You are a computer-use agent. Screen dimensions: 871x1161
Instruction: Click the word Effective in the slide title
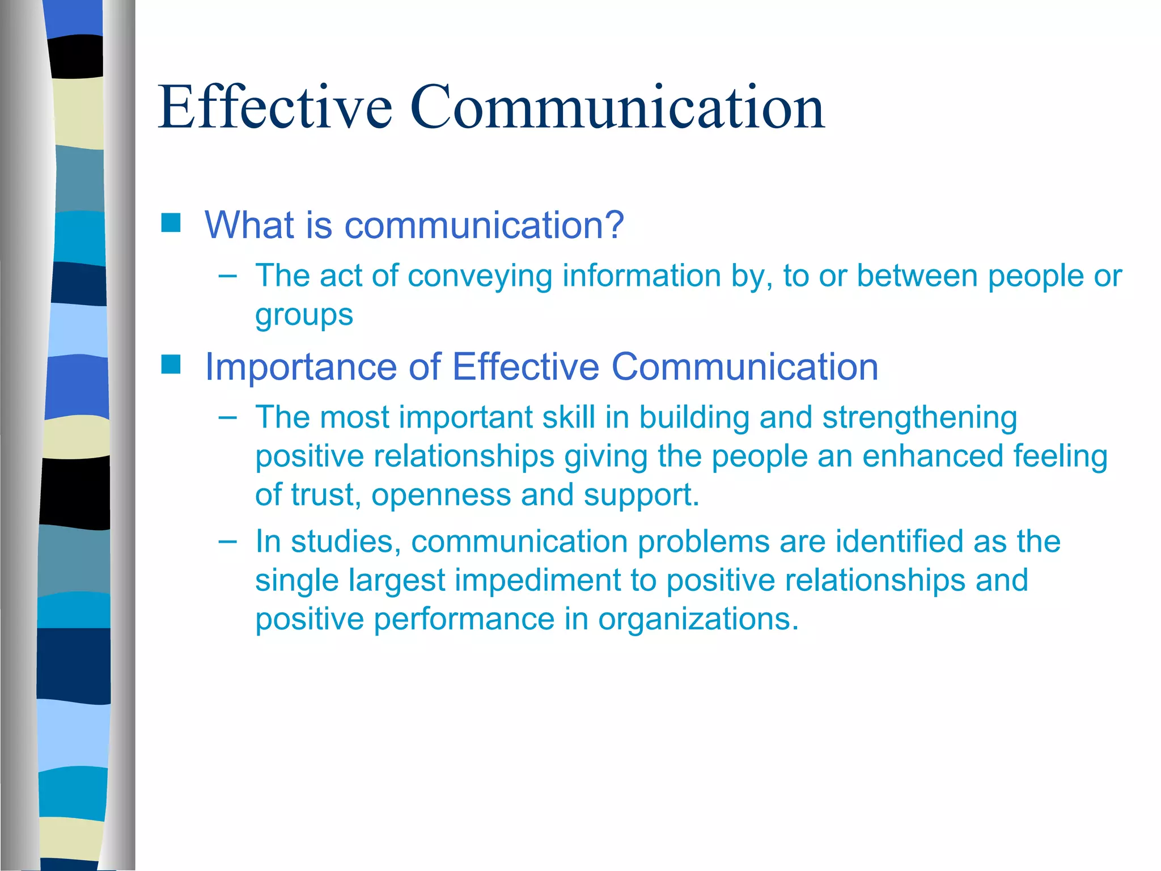[x=275, y=107]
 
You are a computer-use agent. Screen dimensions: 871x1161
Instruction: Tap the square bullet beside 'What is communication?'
[x=171, y=223]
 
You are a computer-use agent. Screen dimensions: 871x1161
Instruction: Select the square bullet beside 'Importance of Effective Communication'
[x=171, y=365]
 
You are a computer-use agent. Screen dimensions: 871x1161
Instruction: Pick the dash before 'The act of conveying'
[x=227, y=276]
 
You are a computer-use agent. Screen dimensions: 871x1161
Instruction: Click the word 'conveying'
[x=480, y=277]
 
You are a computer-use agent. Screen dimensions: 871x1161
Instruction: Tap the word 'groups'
[x=304, y=316]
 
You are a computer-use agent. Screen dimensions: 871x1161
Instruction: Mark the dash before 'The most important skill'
[x=227, y=418]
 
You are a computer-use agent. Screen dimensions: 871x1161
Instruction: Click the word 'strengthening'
[x=920, y=418]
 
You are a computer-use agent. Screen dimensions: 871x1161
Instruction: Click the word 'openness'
[x=441, y=495]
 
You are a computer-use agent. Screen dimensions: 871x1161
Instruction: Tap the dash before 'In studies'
[x=227, y=542]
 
